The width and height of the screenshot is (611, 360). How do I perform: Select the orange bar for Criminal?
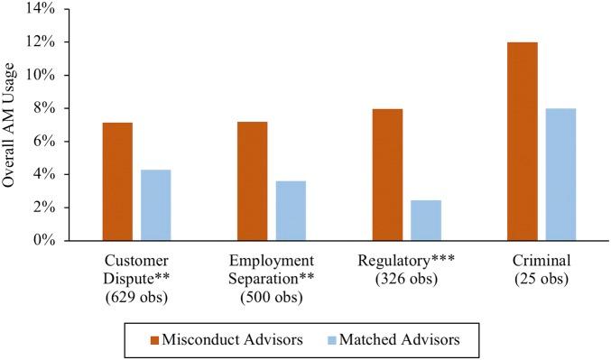coord(523,142)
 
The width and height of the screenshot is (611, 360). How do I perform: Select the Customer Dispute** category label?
coord(136,269)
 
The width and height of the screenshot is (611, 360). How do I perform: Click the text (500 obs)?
coord(272,294)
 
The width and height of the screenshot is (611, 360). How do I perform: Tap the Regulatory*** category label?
coord(407,262)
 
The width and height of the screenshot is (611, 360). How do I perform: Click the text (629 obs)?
coord(136,294)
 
